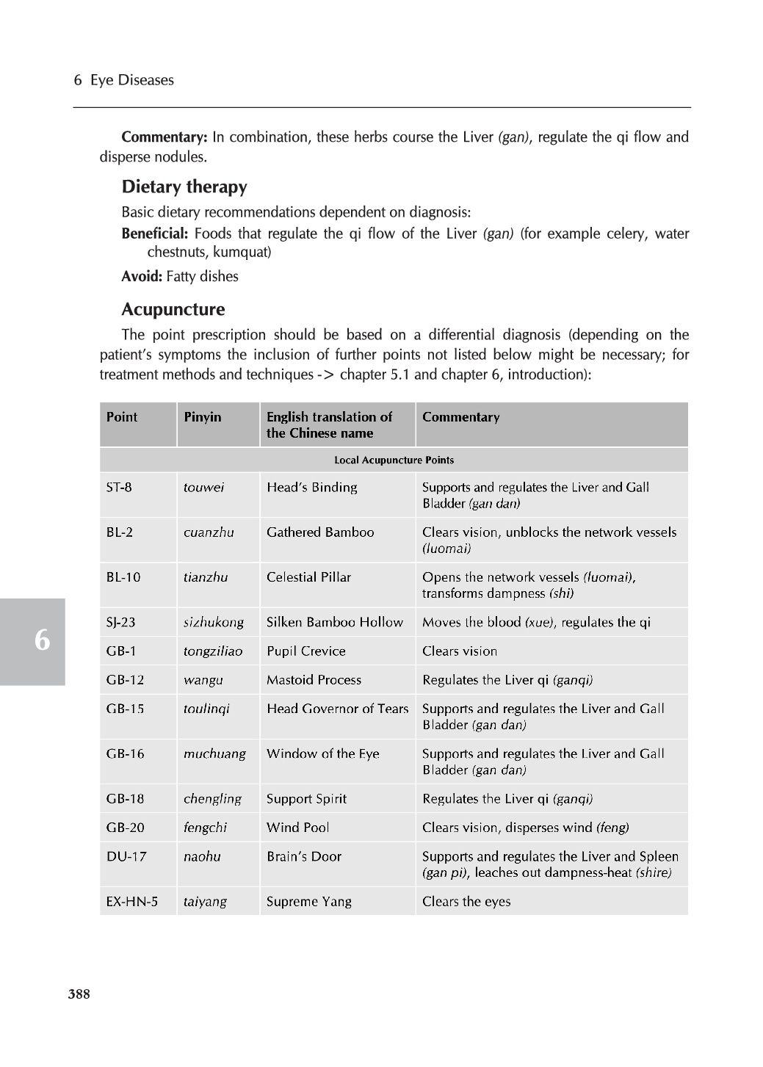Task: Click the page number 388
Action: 79,994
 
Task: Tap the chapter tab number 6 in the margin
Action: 42,640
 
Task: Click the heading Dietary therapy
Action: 184,187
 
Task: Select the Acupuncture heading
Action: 173,309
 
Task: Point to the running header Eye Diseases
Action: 132,80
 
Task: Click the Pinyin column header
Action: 202,417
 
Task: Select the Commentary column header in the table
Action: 460,417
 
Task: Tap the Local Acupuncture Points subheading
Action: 394,460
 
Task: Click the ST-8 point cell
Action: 119,488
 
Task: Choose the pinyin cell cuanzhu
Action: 209,532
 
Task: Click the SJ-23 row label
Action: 120,622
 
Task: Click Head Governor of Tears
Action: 337,709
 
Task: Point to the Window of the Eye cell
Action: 322,753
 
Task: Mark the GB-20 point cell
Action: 125,828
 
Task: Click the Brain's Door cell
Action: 303,856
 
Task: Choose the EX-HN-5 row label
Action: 131,901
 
